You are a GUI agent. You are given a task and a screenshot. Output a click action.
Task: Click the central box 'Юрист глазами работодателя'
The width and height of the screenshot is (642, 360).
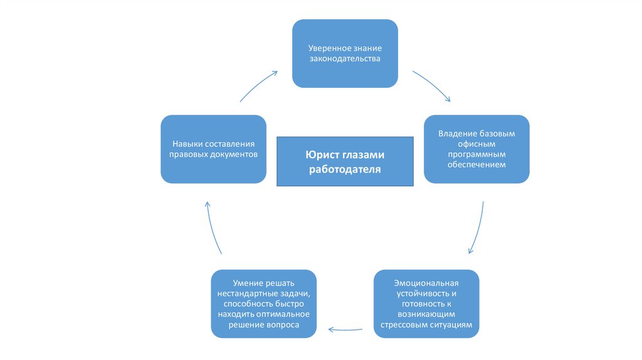(345, 161)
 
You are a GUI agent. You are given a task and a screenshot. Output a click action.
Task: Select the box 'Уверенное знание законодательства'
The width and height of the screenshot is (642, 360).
(345, 53)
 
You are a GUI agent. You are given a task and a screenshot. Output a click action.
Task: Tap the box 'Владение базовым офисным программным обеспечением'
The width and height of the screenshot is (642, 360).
(476, 149)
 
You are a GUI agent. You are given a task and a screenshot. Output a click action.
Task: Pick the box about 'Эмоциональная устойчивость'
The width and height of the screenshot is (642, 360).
(426, 304)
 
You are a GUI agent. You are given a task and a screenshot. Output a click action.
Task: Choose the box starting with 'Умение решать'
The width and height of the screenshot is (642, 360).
(264, 304)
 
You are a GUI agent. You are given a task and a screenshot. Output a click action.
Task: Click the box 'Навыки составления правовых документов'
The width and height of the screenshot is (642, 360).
(213, 149)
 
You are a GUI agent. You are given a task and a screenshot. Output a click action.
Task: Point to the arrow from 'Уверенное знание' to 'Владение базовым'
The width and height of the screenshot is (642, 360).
(431, 85)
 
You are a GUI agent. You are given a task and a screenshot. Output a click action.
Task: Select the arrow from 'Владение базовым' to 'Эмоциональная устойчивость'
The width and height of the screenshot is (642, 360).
(478, 228)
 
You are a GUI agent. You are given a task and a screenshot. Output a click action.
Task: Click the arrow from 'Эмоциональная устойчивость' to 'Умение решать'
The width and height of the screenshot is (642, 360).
(345, 330)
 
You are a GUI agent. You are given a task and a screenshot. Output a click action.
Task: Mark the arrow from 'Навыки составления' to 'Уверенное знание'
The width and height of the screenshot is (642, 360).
(258, 86)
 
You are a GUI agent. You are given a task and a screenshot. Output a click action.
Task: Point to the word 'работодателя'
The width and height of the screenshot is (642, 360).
(345, 169)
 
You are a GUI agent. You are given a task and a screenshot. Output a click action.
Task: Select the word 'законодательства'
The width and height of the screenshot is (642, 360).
(345, 58)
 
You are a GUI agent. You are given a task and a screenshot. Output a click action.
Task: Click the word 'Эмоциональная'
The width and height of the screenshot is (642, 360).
(426, 283)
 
